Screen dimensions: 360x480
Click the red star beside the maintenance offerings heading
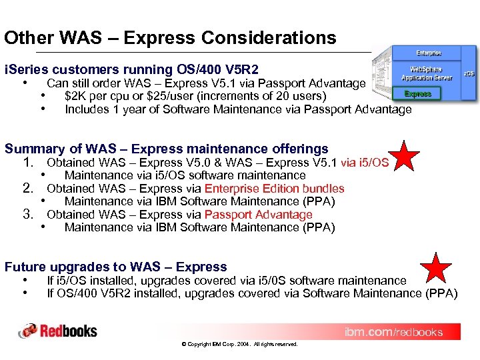pos(405,155)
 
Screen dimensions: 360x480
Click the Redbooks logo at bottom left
pos(58,331)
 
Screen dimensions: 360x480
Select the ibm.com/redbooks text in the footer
pos(393,332)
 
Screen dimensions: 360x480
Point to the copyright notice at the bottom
pos(239,344)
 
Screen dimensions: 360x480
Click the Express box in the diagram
pos(418,94)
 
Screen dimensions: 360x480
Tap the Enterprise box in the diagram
pos(428,53)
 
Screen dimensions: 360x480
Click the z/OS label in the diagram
pos(469,73)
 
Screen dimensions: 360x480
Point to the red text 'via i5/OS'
pos(365,163)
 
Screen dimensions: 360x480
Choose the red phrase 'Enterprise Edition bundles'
pos(274,189)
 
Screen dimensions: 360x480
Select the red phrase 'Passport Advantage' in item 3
pos(258,215)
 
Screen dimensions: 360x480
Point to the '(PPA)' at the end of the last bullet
pos(441,293)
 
